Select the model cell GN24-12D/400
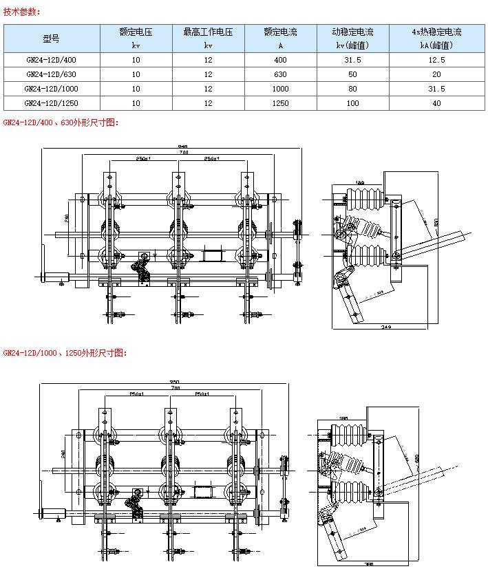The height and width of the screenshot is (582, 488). point(52,60)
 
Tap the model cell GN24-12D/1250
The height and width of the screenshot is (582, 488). point(52,103)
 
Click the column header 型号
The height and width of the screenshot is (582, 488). point(52,39)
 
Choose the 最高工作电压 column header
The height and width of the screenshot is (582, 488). point(208,32)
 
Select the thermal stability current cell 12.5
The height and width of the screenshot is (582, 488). point(436,60)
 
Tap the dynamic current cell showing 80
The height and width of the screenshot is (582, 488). point(353,89)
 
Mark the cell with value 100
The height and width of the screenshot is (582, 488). point(353,103)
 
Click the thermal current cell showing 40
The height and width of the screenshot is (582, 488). point(436,103)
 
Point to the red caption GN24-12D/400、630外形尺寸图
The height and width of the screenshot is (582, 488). point(61,122)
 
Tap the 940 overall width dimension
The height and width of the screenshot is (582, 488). point(182,147)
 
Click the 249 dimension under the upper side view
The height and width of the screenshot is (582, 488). point(386,327)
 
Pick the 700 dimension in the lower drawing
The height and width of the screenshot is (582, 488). point(175,389)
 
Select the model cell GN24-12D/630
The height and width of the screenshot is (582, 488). point(52,74)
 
